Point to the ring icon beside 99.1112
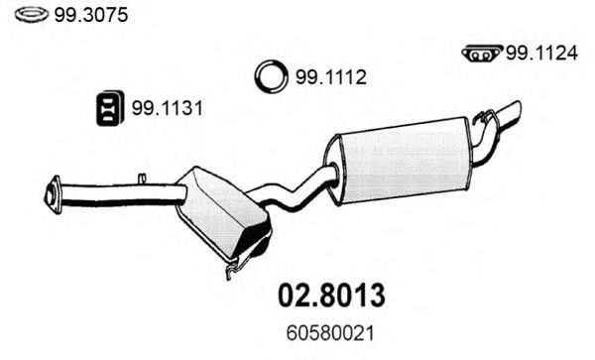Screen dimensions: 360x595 pyautogui.click(x=269, y=75)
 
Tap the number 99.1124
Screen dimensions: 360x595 pyautogui.click(x=541, y=54)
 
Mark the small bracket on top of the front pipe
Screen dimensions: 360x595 pyautogui.click(x=143, y=179)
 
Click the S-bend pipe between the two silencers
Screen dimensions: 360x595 pyautogui.click(x=298, y=189)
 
